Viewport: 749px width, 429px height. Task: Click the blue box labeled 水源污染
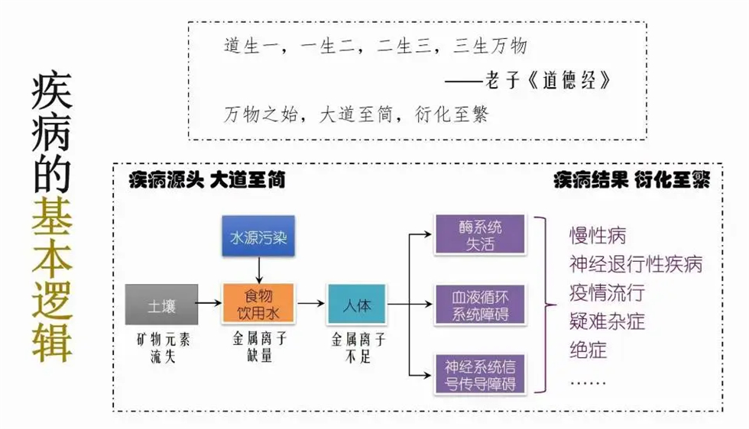click(x=258, y=237)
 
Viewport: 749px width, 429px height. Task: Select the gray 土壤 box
click(x=162, y=305)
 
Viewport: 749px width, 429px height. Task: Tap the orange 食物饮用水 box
click(x=258, y=304)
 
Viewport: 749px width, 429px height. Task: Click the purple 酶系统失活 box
click(x=480, y=234)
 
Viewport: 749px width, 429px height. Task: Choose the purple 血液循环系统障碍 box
click(x=480, y=304)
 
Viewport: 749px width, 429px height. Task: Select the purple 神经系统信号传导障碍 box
click(x=480, y=375)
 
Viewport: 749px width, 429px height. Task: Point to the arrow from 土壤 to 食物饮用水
click(x=209, y=304)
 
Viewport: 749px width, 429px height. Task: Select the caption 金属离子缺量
click(x=258, y=347)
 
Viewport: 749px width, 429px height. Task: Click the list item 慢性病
click(x=597, y=235)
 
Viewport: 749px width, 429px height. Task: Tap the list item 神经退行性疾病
click(x=635, y=264)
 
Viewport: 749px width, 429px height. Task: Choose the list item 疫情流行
click(x=607, y=293)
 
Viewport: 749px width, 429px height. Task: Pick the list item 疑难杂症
click(x=607, y=321)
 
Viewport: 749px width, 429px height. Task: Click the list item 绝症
click(x=588, y=350)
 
